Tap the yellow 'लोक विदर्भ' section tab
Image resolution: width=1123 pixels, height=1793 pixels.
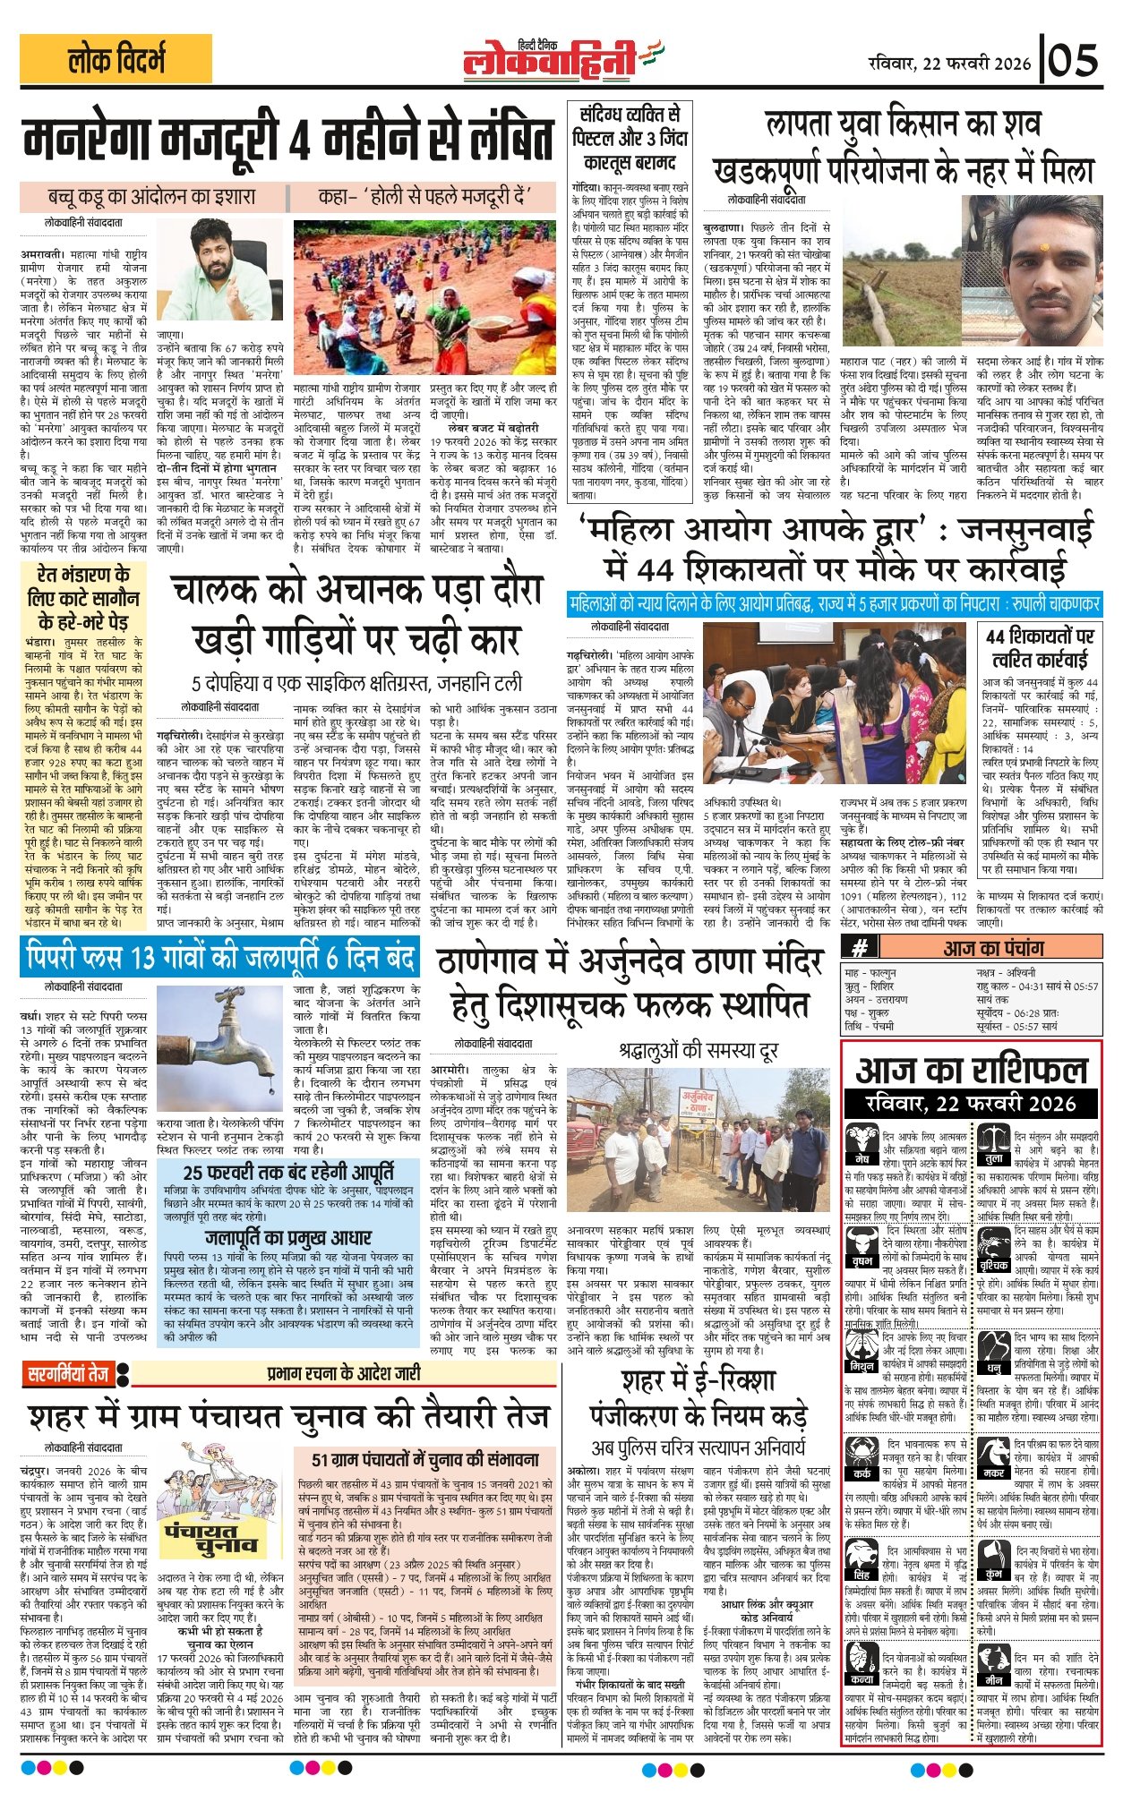(x=116, y=60)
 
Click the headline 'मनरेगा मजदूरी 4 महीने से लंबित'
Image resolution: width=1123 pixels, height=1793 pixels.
(x=288, y=141)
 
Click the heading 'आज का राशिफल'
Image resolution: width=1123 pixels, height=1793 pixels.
(x=971, y=1070)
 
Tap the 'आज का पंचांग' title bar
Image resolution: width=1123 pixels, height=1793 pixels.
(x=992, y=947)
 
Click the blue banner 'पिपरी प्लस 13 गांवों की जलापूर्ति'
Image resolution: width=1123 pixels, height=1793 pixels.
(x=219, y=958)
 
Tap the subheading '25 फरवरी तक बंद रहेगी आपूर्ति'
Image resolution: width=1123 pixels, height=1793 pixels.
(x=287, y=1172)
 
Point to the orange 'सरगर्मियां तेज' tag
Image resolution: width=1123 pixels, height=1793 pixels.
(x=67, y=1373)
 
